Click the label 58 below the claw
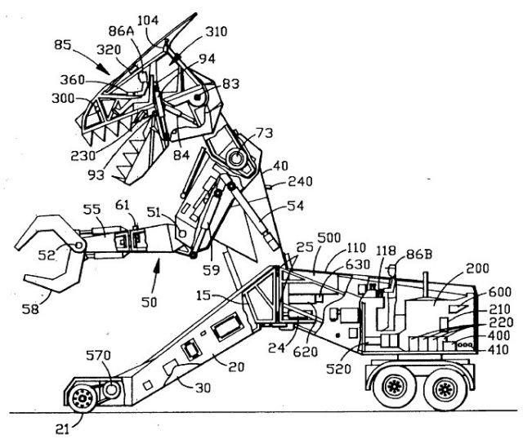coord(51,308)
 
